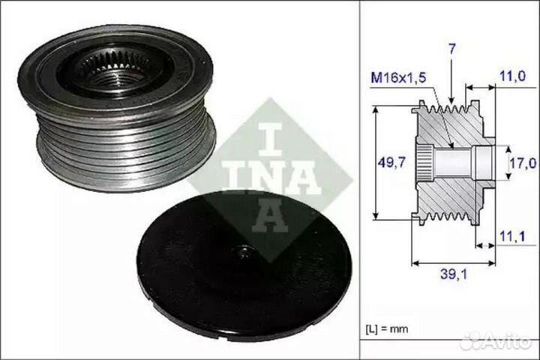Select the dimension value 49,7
tap(391, 162)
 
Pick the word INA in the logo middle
tap(270, 177)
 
